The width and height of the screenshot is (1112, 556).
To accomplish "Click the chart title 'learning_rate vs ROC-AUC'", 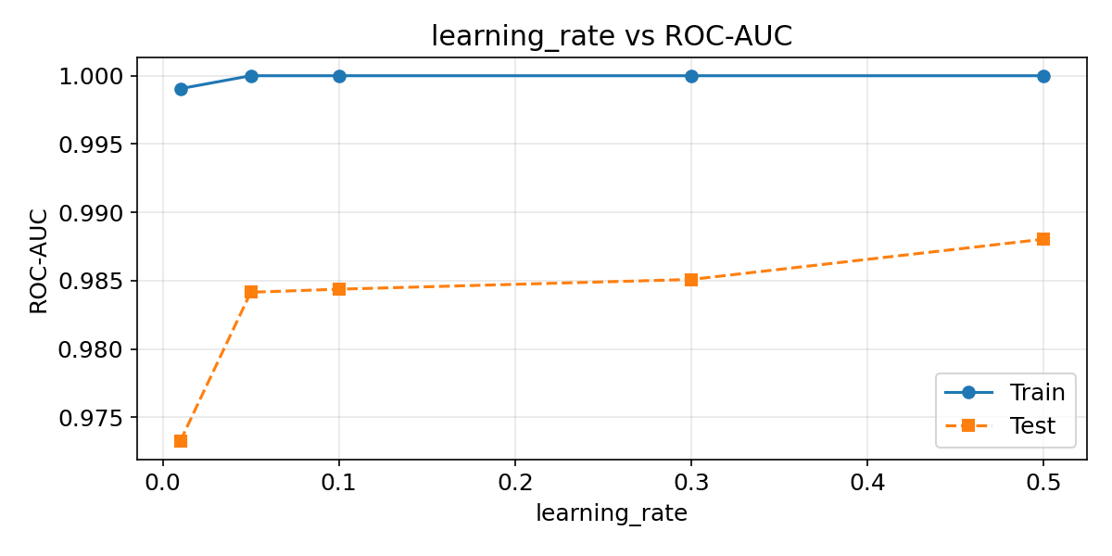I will (x=612, y=35).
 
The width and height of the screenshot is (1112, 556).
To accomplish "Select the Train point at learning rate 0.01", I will (x=181, y=89).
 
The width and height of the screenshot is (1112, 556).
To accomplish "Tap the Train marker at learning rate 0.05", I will (x=251, y=76).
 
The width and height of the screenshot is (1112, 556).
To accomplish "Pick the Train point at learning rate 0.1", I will (x=339, y=76).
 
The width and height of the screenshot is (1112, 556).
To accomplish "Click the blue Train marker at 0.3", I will (x=691, y=76).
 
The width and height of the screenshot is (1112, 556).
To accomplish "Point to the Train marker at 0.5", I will (x=1043, y=76).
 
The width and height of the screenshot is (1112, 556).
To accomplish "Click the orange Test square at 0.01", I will (x=181, y=441).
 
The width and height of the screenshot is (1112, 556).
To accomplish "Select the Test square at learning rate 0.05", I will (x=251, y=292).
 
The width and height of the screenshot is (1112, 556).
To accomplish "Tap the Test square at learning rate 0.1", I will (x=339, y=289).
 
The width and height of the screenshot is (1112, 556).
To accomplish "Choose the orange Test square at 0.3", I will (x=691, y=280).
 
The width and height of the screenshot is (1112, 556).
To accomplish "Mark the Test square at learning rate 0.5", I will (x=1043, y=239).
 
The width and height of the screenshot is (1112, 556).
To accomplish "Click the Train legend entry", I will (x=1005, y=393).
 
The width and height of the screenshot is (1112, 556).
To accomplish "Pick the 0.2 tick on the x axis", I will (x=515, y=483).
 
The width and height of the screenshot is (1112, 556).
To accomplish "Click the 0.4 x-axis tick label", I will (x=867, y=483).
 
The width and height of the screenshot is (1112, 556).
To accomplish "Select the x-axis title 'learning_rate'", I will (x=612, y=514).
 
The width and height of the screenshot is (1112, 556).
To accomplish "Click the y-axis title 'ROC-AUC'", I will (x=39, y=260).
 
